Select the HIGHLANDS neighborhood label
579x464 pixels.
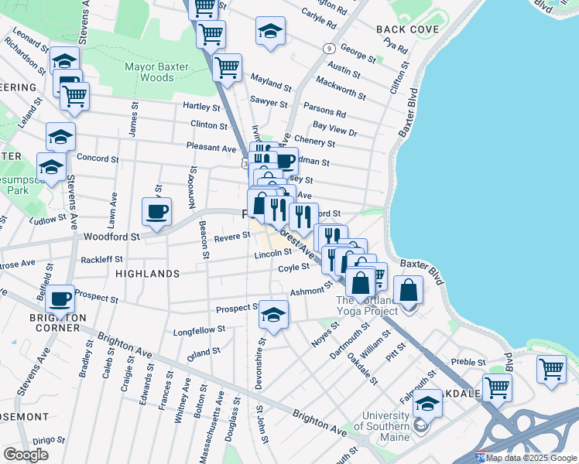(x=147, y=274)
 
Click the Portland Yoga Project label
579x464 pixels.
(x=365, y=307)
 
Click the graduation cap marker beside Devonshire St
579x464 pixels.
(x=272, y=314)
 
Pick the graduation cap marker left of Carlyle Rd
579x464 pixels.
(x=270, y=31)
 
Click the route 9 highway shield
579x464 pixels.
(x=330, y=48)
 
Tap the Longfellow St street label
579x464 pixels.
(x=200, y=329)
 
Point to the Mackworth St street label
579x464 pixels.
(x=341, y=89)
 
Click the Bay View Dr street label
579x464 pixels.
(x=334, y=128)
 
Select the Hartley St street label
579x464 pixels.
(x=202, y=105)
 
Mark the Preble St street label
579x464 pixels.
(x=468, y=361)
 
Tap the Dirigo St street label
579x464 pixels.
(x=33, y=438)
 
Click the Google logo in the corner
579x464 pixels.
(x=26, y=455)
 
